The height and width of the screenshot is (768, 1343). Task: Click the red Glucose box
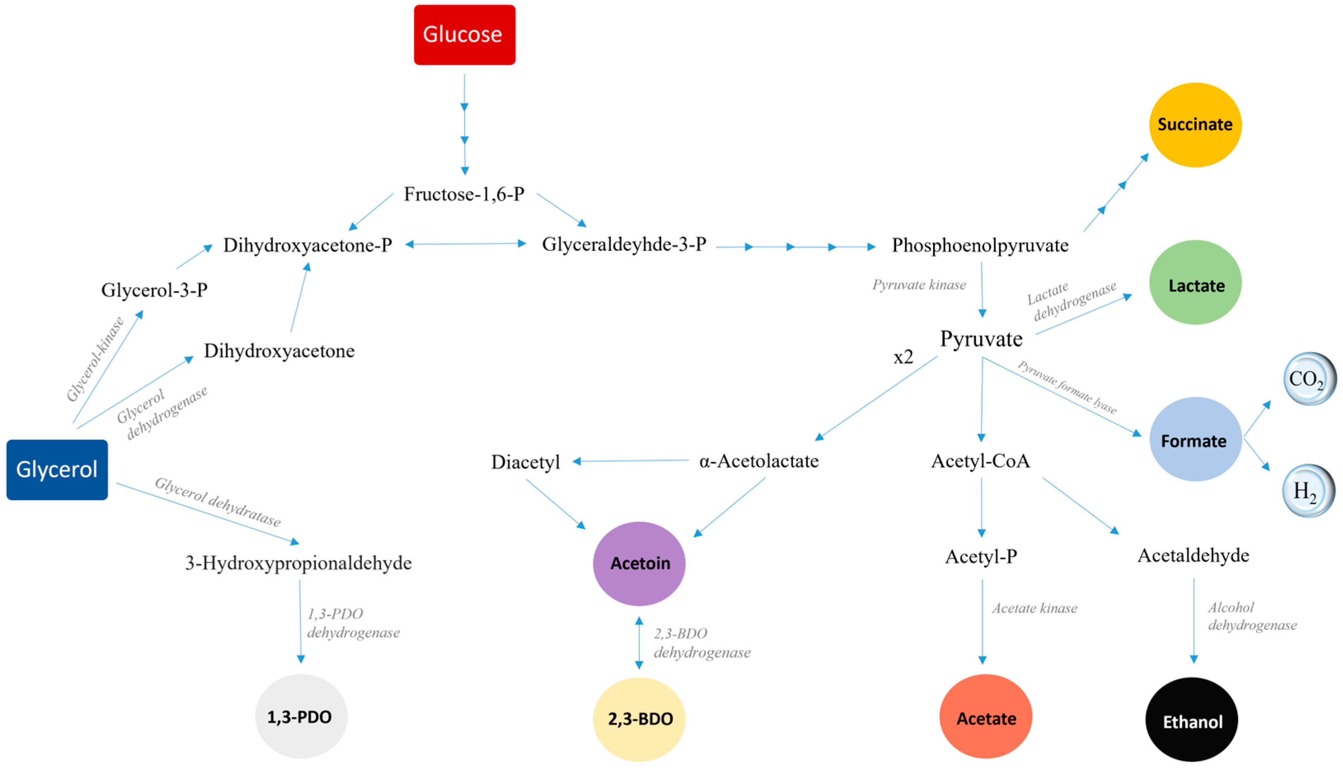pos(464,35)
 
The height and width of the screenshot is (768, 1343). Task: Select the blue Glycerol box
pos(57,470)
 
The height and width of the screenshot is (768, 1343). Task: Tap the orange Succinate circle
pos(1194,125)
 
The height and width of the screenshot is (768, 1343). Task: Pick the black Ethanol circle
pos(1191,720)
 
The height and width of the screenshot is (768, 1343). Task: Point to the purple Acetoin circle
pos(639,564)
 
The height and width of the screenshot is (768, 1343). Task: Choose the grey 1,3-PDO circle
pos(300,716)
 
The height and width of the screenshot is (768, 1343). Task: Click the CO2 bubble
pos(1308,379)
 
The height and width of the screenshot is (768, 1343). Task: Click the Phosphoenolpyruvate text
pos(980,245)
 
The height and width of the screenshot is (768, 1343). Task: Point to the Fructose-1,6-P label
pos(464,194)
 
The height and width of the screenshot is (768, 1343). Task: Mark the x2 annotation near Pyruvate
pos(903,358)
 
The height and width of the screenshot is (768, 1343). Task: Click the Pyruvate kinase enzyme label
pos(919,285)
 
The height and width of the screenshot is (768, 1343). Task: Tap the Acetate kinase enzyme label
pos(1034,608)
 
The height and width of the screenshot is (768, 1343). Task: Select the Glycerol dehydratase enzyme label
pos(218,502)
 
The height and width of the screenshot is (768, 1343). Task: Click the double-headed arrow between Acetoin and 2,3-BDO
pos(639,642)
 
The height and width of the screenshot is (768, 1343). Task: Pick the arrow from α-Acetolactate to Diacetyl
pos(630,461)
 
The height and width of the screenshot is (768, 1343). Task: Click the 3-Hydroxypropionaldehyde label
pos(298,563)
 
